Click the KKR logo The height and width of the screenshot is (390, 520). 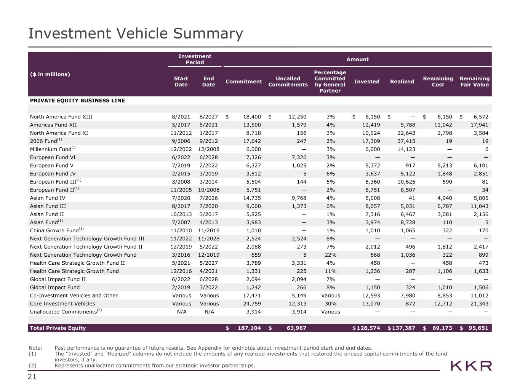[471, 366]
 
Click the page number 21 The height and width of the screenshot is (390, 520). [32, 377]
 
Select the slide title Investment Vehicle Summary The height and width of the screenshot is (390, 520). [136, 34]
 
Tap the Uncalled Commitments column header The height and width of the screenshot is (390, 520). [288, 82]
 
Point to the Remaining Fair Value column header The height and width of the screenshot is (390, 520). [474, 82]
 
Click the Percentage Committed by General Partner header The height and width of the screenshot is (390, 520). [330, 82]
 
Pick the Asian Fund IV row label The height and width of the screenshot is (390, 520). [48, 198]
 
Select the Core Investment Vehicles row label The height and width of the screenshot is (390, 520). [62, 304]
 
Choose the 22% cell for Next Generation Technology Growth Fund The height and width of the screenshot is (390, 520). [330, 255]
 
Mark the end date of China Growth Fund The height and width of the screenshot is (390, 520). [208, 230]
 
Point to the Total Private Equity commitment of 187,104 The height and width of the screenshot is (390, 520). [249, 328]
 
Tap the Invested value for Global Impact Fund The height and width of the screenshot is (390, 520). [371, 288]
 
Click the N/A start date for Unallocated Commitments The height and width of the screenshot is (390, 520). [181, 312]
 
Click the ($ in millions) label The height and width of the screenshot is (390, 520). [50, 74]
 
